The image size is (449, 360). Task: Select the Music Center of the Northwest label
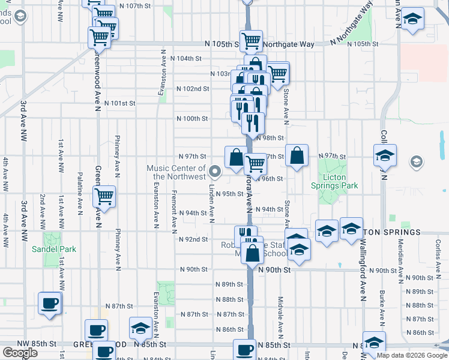(176, 172)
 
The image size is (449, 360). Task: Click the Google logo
(20, 353)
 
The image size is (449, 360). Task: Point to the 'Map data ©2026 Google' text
(411, 355)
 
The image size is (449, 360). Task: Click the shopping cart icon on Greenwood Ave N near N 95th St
(104, 196)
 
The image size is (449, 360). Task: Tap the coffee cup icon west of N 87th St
(49, 302)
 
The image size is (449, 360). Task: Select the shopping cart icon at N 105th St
(251, 41)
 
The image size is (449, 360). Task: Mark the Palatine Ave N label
(79, 193)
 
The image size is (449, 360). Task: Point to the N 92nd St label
(193, 239)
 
